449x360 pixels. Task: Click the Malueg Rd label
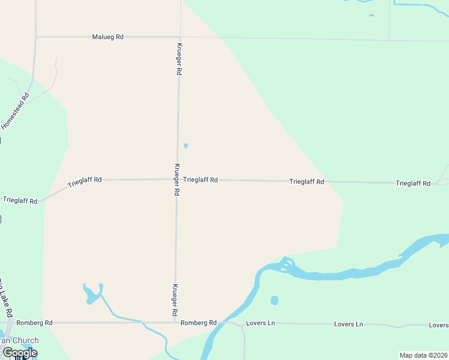(107, 37)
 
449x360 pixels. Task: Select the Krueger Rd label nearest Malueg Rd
(179, 59)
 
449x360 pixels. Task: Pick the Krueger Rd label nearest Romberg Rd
(175, 300)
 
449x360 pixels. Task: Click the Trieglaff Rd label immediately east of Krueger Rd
(200, 179)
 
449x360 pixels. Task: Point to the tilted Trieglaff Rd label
(85, 181)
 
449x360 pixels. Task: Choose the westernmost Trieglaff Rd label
(20, 200)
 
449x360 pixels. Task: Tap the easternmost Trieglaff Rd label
(413, 183)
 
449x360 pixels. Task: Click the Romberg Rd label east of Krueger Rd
(199, 323)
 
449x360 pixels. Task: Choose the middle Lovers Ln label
(349, 324)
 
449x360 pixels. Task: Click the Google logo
(20, 353)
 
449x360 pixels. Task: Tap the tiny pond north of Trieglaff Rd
(185, 145)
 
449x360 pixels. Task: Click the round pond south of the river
(274, 300)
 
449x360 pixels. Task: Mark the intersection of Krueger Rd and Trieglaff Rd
(177, 179)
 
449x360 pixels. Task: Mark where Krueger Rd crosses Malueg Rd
(179, 37)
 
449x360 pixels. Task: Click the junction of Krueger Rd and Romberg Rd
(175, 323)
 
